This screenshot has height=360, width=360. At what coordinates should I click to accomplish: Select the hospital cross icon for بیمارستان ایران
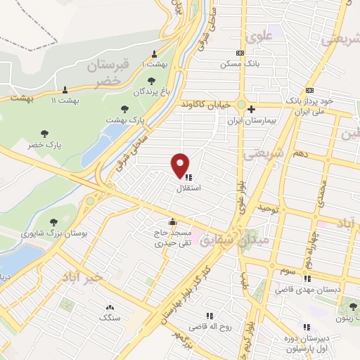click(x=251, y=109)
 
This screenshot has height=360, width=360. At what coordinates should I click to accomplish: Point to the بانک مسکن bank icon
click(x=241, y=53)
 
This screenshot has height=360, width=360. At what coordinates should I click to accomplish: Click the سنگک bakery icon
click(x=109, y=307)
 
